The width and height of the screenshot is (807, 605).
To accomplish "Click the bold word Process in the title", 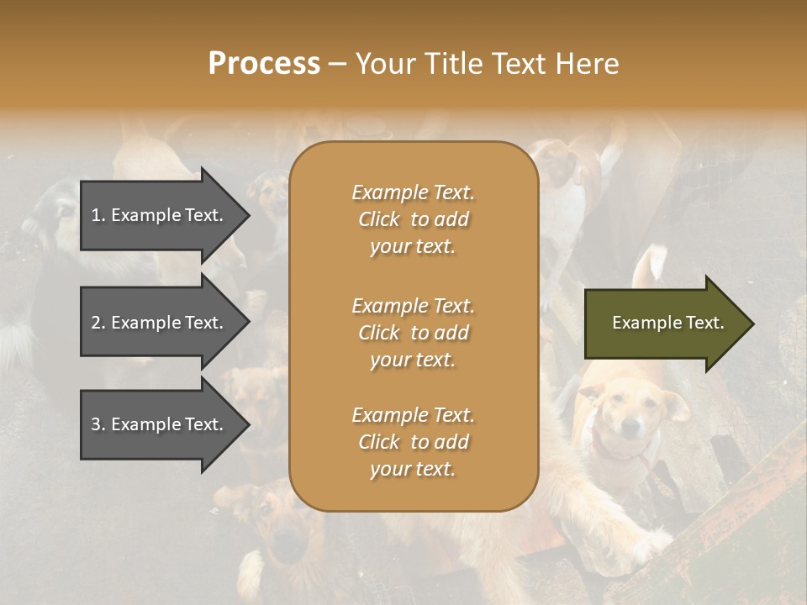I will click(264, 63).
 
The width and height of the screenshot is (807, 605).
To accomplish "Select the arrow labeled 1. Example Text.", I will click(164, 215).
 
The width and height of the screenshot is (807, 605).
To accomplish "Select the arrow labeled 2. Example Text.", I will click(164, 323).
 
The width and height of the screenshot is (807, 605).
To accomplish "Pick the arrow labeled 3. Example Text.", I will click(164, 424).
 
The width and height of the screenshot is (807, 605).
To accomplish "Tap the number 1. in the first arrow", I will click(98, 215).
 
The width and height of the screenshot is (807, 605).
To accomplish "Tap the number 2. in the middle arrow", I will click(98, 323).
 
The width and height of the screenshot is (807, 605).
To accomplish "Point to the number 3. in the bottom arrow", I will click(98, 424).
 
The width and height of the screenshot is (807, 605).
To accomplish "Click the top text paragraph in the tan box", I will click(413, 219).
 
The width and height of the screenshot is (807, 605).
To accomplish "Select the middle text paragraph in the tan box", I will click(413, 333).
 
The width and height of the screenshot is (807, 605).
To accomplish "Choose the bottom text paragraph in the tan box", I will click(413, 442).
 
